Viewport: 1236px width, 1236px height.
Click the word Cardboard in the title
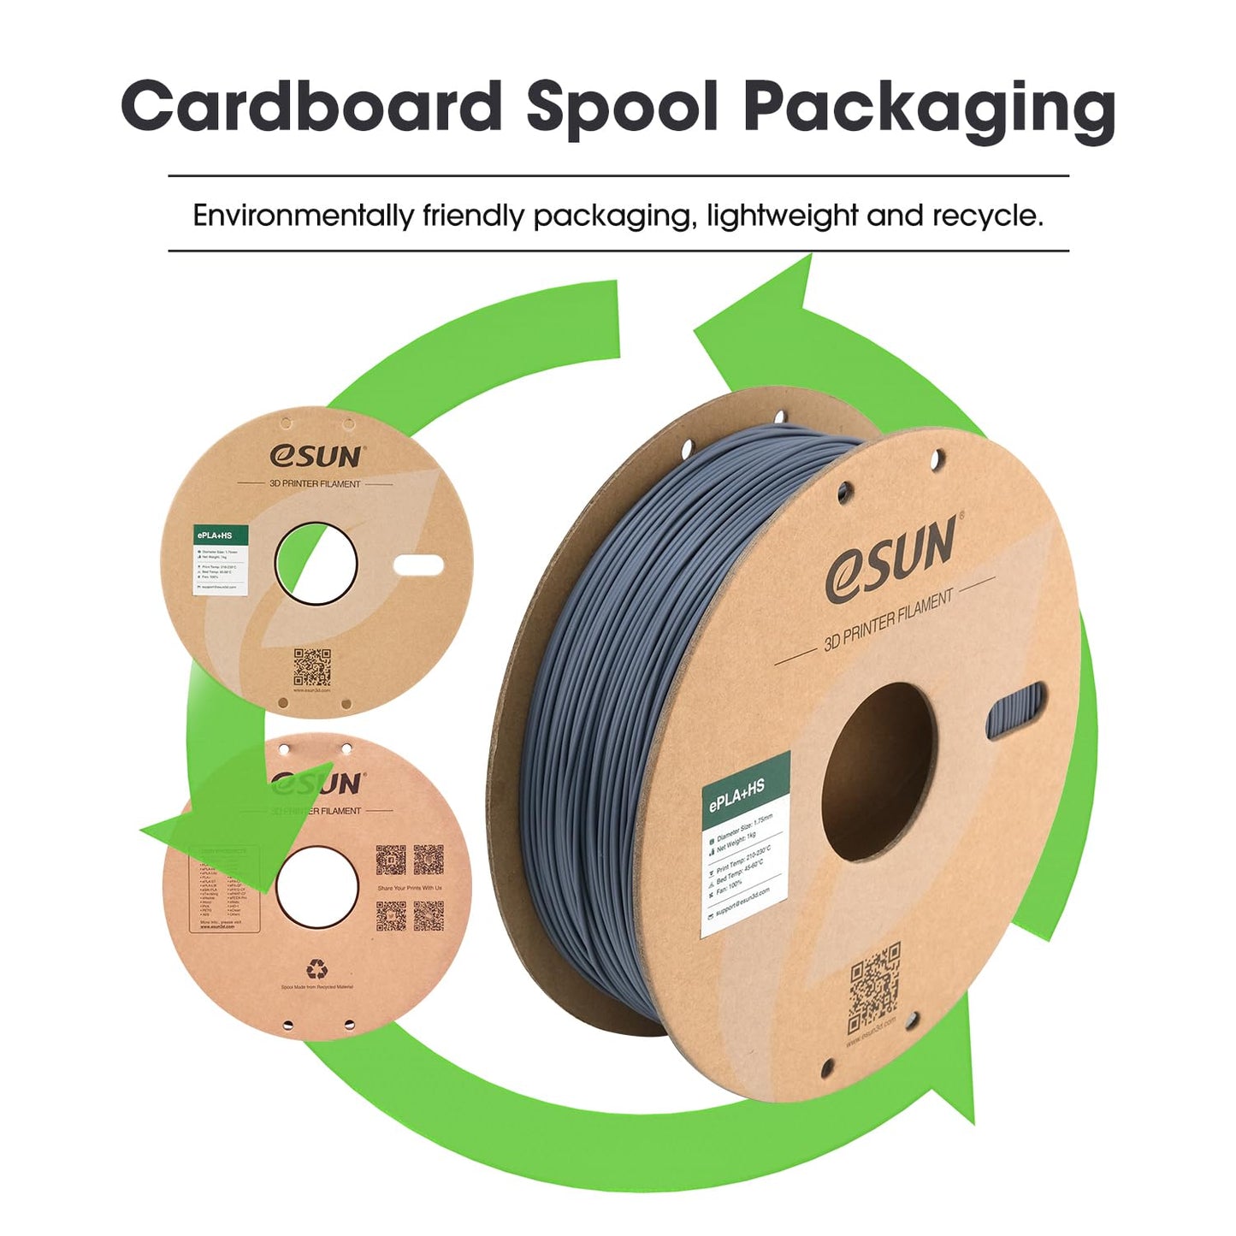311,106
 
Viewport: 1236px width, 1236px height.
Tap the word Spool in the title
622,106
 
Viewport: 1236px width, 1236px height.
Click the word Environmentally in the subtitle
302,216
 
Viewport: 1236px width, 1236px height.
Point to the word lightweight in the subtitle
782,216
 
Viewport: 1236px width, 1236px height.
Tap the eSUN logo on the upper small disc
316,456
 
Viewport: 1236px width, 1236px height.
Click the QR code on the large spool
874,986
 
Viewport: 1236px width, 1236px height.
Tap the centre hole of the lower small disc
316,887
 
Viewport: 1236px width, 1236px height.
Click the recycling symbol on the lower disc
317,968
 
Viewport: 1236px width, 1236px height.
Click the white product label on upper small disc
221,560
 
